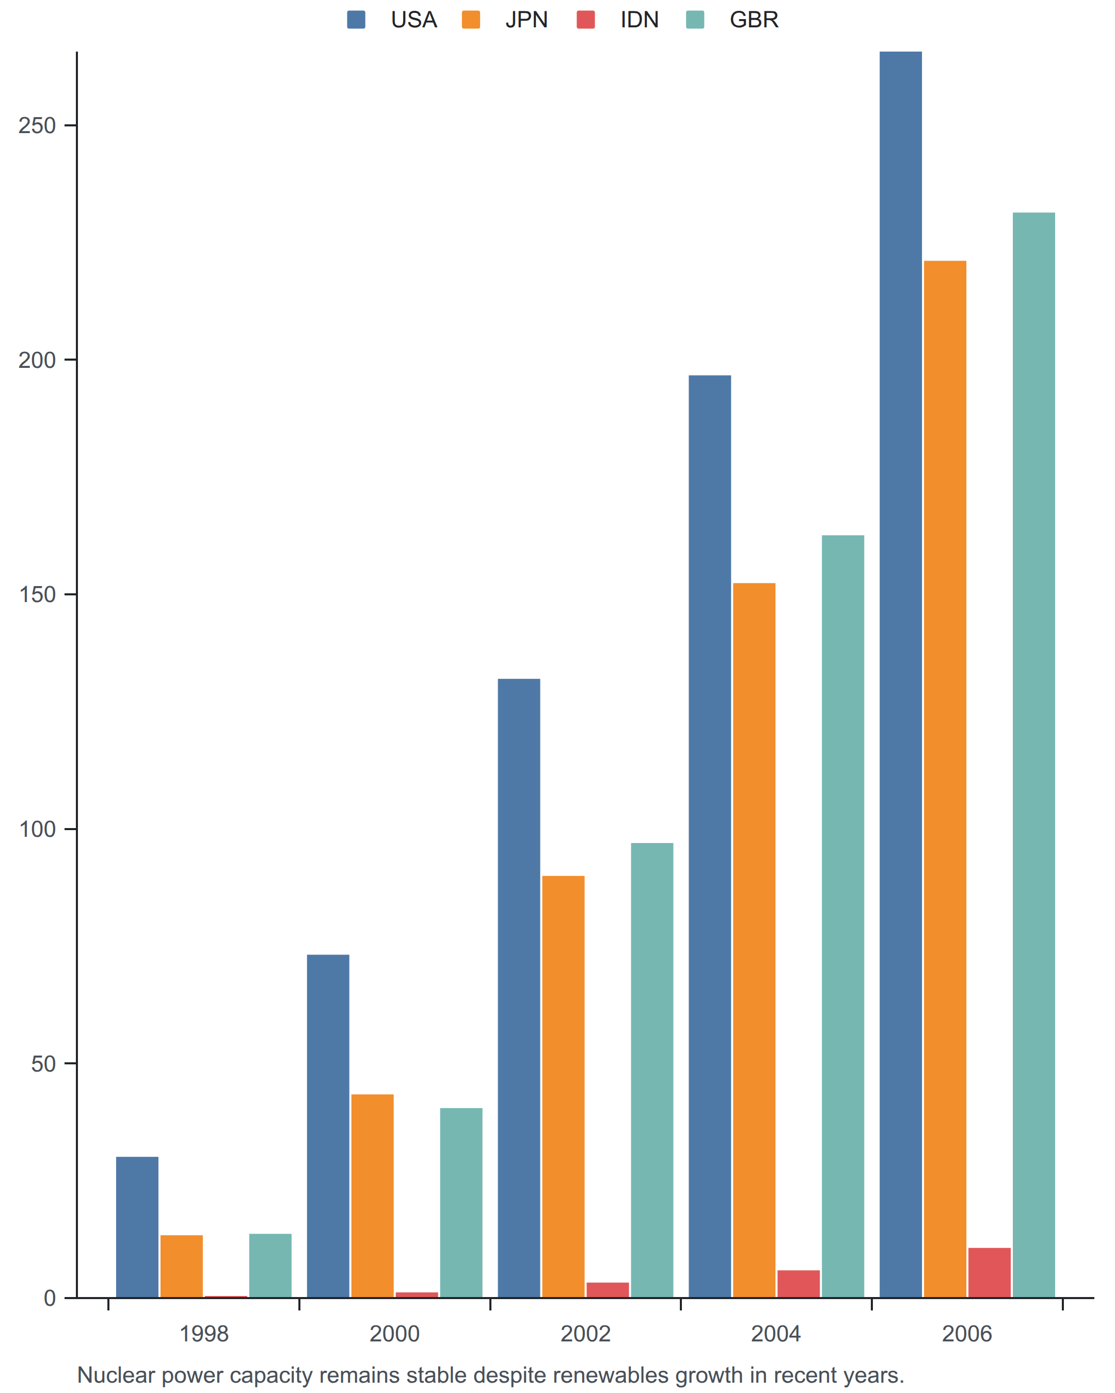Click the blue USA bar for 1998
137,1227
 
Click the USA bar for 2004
710,836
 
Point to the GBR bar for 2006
1034,755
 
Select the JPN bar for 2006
945,779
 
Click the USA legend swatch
356,20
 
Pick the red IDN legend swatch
585,20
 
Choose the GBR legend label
754,20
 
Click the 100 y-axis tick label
38,829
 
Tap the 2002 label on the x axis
585,1334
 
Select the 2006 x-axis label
967,1334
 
